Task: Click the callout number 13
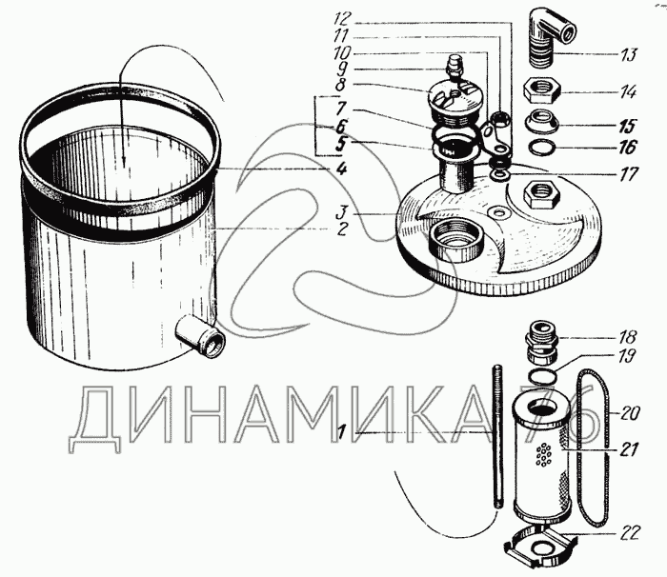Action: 628,55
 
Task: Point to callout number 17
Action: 629,174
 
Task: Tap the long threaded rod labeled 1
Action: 499,436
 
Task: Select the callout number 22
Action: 630,532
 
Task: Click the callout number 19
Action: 627,355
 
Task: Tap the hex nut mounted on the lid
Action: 541,193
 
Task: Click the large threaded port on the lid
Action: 455,240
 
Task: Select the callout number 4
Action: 341,169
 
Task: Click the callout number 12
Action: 342,19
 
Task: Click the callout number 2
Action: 341,229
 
